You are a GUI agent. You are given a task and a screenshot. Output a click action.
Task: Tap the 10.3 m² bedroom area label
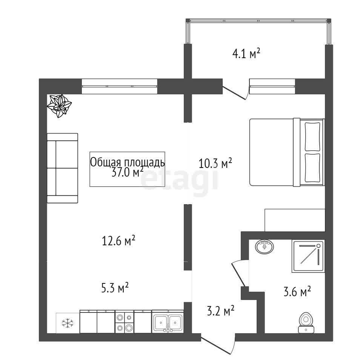click(x=215, y=163)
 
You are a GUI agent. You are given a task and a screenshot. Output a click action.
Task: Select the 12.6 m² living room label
click(x=118, y=241)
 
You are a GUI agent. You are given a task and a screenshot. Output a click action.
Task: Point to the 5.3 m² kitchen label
click(x=115, y=288)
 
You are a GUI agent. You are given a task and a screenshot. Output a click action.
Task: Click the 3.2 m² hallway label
click(x=221, y=311)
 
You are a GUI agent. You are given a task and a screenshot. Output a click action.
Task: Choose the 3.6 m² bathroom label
click(x=297, y=292)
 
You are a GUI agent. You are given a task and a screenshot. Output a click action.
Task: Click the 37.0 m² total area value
click(x=128, y=172)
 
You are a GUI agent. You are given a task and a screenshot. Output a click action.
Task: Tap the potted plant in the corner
click(x=59, y=106)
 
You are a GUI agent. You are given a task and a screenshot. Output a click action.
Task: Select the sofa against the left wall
click(x=62, y=168)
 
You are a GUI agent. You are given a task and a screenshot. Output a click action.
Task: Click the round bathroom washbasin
click(x=264, y=247)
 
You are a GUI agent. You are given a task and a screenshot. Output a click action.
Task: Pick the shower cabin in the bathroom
click(x=308, y=256)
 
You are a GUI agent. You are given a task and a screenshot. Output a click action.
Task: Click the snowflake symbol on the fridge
click(x=68, y=323)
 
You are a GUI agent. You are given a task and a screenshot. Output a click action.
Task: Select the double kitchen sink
click(x=168, y=322)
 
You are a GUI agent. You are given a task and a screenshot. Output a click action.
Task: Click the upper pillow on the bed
click(x=312, y=136)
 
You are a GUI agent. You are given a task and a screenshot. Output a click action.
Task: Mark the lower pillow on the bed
click(x=312, y=168)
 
